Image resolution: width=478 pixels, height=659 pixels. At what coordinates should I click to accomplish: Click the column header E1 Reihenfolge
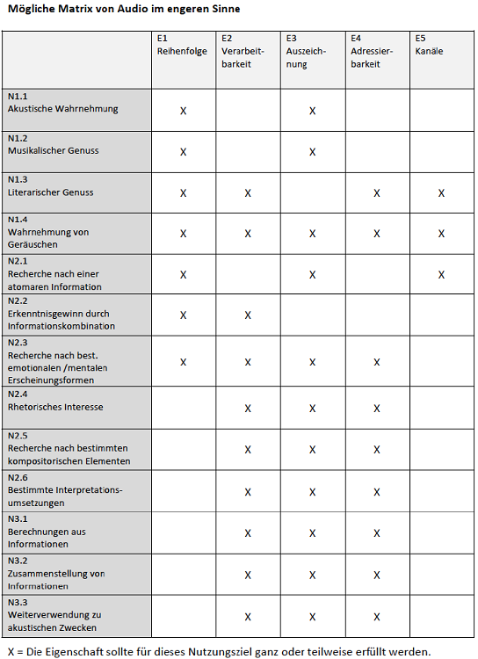[x=182, y=46]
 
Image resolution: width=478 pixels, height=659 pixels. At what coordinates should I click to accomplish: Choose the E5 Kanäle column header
[x=429, y=46]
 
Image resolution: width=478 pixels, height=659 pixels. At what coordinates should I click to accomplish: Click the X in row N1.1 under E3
[x=312, y=111]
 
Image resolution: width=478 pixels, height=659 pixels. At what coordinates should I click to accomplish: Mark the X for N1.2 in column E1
[x=184, y=152]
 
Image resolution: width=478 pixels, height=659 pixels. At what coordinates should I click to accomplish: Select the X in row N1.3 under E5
[x=441, y=192]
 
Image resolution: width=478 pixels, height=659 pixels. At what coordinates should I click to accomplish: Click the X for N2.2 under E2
[x=248, y=315]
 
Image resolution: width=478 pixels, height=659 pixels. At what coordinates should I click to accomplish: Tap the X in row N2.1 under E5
[x=441, y=275]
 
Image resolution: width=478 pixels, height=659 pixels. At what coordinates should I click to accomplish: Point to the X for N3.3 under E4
[x=376, y=617]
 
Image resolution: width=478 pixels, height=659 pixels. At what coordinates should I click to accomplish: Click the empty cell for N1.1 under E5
[x=441, y=111]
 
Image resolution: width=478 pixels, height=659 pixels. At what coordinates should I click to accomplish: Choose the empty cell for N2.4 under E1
[x=184, y=408]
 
